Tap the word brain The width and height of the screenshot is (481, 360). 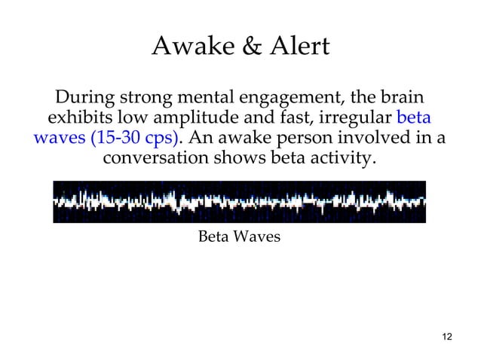(x=397, y=98)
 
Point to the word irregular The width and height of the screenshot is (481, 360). (x=354, y=121)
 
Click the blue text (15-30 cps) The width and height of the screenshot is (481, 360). (x=134, y=142)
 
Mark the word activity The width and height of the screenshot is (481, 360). (x=340, y=163)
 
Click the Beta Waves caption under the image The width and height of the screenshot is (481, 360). (x=239, y=237)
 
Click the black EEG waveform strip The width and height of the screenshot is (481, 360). (x=239, y=202)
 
